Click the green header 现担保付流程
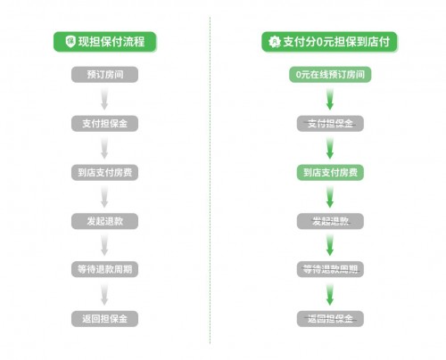click(105, 42)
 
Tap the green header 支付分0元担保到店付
click(329, 42)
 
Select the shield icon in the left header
click(70, 41)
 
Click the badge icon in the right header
click(275, 42)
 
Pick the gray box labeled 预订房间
click(104, 75)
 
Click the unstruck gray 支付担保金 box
click(104, 124)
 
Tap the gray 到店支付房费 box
click(104, 172)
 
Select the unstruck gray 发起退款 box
click(104, 221)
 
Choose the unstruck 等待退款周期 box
click(104, 269)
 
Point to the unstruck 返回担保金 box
click(104, 319)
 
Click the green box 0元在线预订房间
click(330, 75)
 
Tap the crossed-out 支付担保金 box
click(330, 124)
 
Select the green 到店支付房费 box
click(330, 172)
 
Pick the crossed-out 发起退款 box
click(330, 221)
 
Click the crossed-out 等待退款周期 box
click(330, 269)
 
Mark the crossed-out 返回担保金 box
click(330, 319)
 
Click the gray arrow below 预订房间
click(104, 99)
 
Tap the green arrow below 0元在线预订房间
click(330, 99)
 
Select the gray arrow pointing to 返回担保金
click(104, 294)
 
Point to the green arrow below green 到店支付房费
click(330, 197)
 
